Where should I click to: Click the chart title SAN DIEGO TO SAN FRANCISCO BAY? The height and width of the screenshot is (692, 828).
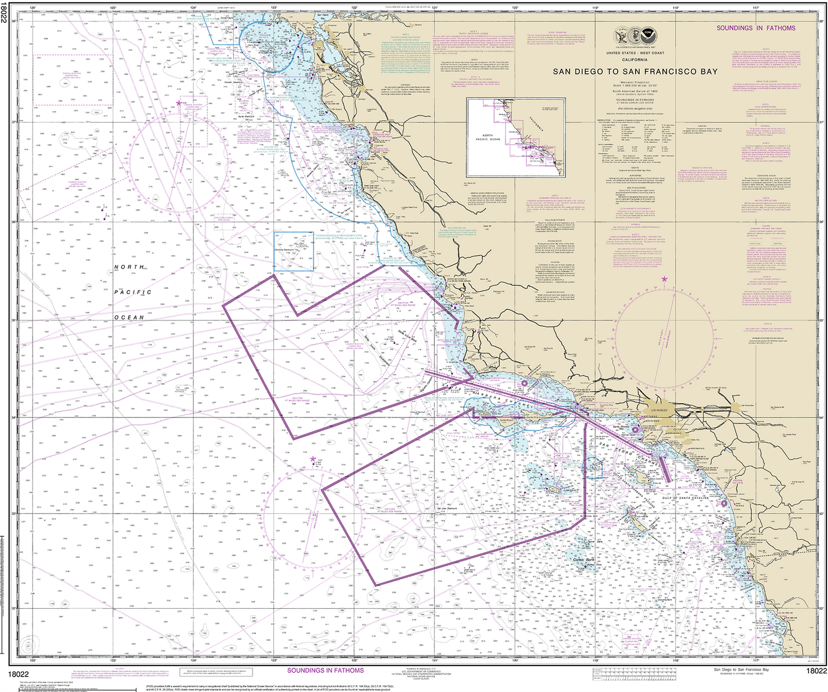pyautogui.click(x=635, y=72)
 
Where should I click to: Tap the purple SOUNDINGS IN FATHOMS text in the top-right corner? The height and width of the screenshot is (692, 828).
pyautogui.click(x=756, y=28)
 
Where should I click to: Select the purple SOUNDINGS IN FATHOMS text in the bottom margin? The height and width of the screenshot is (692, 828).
pyautogui.click(x=325, y=670)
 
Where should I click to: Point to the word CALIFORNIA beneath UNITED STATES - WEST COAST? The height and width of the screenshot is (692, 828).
pyautogui.click(x=635, y=60)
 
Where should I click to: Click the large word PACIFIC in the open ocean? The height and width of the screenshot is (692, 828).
pyautogui.click(x=132, y=292)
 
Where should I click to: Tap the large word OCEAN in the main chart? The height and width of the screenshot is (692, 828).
pyautogui.click(x=130, y=317)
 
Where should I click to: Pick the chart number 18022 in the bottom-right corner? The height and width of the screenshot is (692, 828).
pyautogui.click(x=816, y=671)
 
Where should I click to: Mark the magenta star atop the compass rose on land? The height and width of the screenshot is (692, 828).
pyautogui.click(x=665, y=279)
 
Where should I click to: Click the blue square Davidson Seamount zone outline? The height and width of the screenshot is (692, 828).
pyautogui.click(x=293, y=251)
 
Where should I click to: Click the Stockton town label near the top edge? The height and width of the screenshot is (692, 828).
pyautogui.click(x=417, y=25)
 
